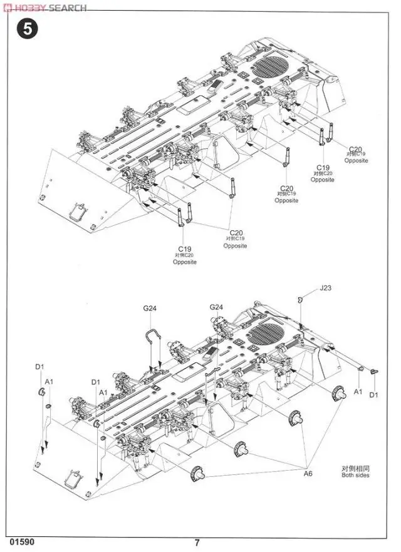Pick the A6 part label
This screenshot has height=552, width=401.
coord(308,474)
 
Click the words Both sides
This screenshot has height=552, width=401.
coord(355,475)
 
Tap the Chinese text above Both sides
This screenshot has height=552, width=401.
coord(355,467)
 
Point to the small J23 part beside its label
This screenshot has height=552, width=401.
coord(301,298)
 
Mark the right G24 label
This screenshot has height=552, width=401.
coord(216,307)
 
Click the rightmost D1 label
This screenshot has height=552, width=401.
coord(374,395)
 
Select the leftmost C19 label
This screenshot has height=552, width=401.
coord(185,249)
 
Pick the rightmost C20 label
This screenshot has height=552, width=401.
coord(356,149)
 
